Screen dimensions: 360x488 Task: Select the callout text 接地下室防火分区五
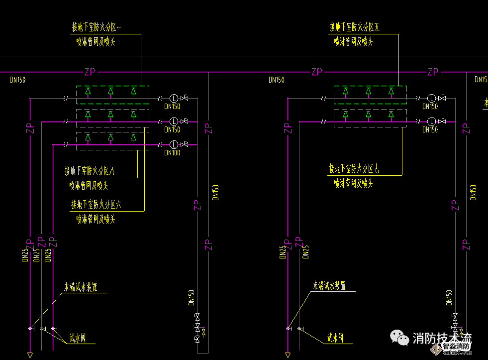pyautogui.click(x=354, y=27)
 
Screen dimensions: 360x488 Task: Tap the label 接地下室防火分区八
pyautogui.click(x=90, y=172)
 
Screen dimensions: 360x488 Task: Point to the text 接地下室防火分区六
pyautogui.click(x=97, y=204)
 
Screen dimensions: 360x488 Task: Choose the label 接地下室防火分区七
pyautogui.click(x=354, y=169)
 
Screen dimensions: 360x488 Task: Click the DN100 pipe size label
pyautogui.click(x=172, y=153)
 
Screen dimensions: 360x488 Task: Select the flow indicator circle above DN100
pyautogui.click(x=174, y=144)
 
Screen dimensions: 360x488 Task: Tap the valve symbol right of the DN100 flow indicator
pyautogui.click(x=185, y=144)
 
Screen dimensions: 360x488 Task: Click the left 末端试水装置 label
pyautogui.click(x=81, y=287)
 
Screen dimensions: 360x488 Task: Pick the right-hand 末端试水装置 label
pyautogui.click(x=329, y=286)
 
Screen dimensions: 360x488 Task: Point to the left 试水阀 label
pyautogui.click(x=77, y=339)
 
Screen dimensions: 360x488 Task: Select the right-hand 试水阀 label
pyautogui.click(x=336, y=339)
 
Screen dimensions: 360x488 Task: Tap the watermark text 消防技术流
pyautogui.click(x=442, y=339)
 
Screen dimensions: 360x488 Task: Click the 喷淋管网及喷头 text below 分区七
pyautogui.click(x=353, y=184)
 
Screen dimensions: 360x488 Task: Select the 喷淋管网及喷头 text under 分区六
pyautogui.click(x=96, y=219)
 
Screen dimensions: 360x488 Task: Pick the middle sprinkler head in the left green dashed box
pyautogui.click(x=111, y=91)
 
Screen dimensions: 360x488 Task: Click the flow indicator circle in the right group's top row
pyautogui.click(x=432, y=98)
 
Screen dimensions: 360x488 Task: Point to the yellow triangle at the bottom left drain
pyautogui.click(x=30, y=355)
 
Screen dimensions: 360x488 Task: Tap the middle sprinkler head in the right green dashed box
pyautogui.click(x=368, y=91)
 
